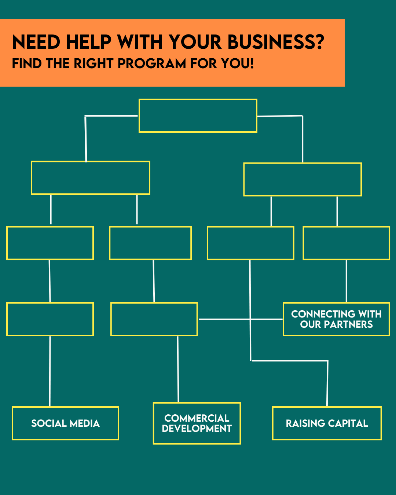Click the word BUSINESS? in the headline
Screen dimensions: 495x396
pyautogui.click(x=276, y=42)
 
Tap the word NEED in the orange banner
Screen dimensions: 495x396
pyautogui.click(x=36, y=42)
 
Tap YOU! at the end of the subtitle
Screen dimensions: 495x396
pyautogui.click(x=237, y=63)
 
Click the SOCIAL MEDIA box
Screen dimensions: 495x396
pyautogui.click(x=65, y=423)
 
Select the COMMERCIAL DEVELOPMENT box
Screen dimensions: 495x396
pyautogui.click(x=197, y=423)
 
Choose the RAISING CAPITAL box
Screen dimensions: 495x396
pyautogui.click(x=327, y=423)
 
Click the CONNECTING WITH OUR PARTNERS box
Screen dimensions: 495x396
pyautogui.click(x=336, y=319)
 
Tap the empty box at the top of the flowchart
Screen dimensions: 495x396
pyautogui.click(x=198, y=115)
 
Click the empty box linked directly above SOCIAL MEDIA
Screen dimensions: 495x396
pyautogui.click(x=50, y=319)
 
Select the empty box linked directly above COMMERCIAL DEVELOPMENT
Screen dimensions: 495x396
pyautogui.click(x=154, y=319)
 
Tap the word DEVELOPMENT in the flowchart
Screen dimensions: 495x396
pyautogui.click(x=197, y=429)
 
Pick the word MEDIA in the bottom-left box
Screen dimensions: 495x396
pyautogui.click(x=85, y=423)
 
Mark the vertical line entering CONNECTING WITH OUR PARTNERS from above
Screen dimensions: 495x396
pyautogui.click(x=346, y=281)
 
